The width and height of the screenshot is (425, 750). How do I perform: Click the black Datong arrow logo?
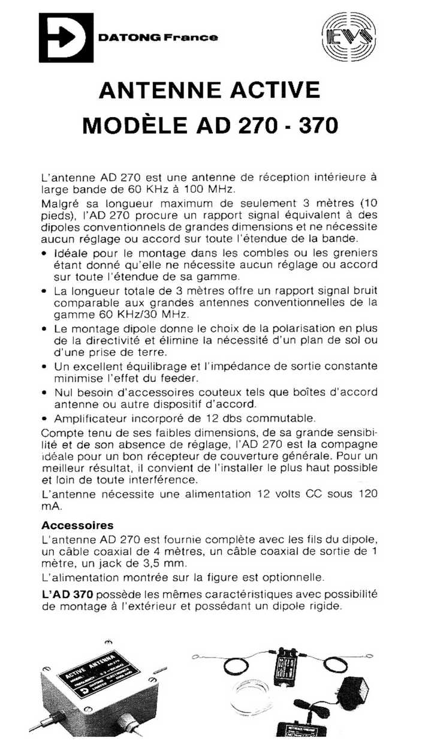coord(66,37)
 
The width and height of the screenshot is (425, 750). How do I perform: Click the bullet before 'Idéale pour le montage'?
coord(45,253)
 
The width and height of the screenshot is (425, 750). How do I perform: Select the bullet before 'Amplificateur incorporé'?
coord(45,418)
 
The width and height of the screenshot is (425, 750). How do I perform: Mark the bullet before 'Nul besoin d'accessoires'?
coord(45,392)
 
